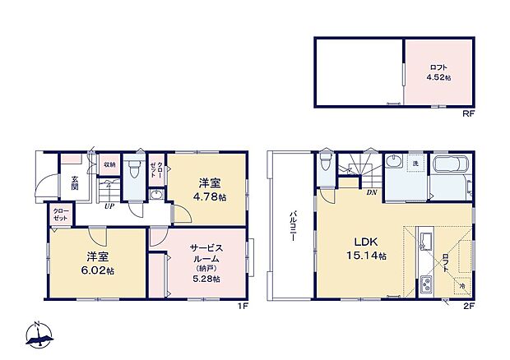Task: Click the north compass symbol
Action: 39,335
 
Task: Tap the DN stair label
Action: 372,192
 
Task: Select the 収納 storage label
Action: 109,164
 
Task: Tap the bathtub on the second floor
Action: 449,168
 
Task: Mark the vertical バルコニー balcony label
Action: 292,223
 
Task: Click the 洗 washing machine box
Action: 415,164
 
